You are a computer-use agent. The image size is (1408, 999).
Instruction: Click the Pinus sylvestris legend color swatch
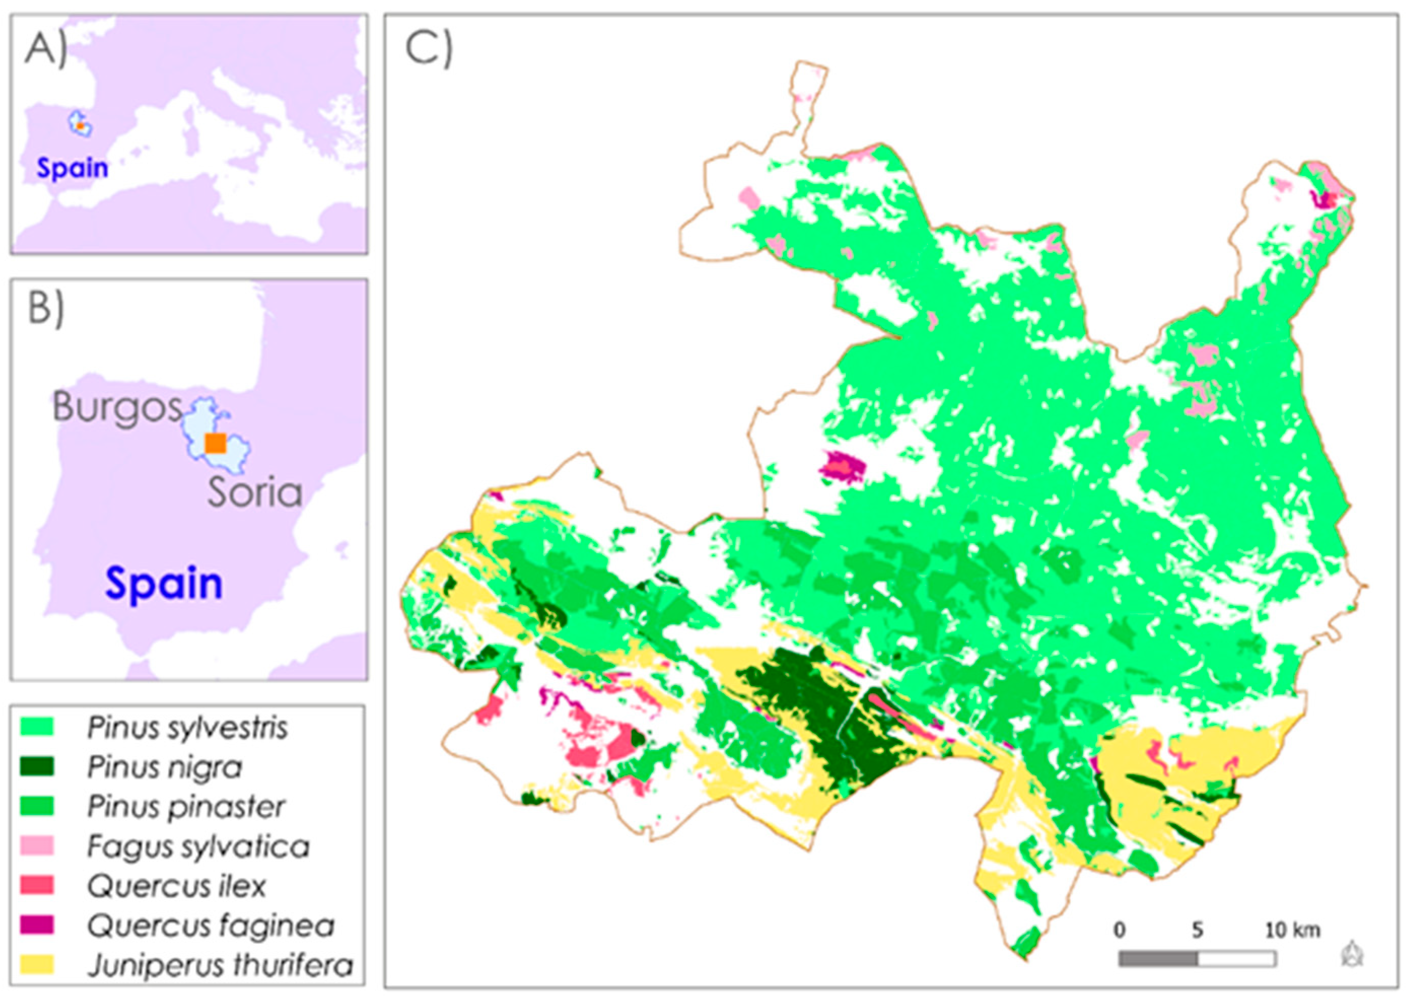tap(37, 727)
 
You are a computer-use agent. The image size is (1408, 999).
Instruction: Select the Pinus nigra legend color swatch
tap(37, 766)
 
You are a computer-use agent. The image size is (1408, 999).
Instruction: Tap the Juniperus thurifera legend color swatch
tap(37, 965)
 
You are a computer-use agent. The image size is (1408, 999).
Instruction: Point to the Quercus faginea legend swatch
tap(37, 925)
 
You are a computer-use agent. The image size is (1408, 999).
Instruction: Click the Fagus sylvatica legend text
tap(198, 846)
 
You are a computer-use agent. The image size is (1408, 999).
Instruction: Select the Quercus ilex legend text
tap(177, 886)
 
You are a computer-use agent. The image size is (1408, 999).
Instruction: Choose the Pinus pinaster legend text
tap(186, 806)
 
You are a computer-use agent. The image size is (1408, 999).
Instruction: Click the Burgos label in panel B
tap(117, 407)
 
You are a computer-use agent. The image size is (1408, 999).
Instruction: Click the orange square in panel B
tap(215, 443)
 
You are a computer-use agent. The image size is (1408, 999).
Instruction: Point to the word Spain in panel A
tap(73, 168)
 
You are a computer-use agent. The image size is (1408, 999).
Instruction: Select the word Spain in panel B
tap(164, 583)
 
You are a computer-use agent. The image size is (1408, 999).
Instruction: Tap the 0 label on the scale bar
tap(1119, 930)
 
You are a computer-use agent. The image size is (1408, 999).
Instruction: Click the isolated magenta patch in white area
tap(842, 466)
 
